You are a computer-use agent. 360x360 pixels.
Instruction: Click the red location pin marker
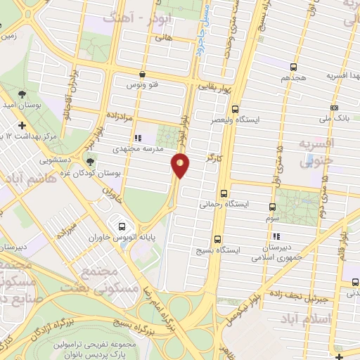(181, 165)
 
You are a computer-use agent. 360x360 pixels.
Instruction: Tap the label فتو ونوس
(142, 84)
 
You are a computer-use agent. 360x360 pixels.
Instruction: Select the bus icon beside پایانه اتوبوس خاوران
(122, 226)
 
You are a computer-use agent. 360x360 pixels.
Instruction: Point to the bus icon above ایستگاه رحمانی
(224, 193)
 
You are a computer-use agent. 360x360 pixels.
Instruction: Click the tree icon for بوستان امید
(22, 93)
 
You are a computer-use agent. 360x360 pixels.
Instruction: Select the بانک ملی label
(334, 120)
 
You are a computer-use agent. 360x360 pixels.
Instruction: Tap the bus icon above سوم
(273, 207)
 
